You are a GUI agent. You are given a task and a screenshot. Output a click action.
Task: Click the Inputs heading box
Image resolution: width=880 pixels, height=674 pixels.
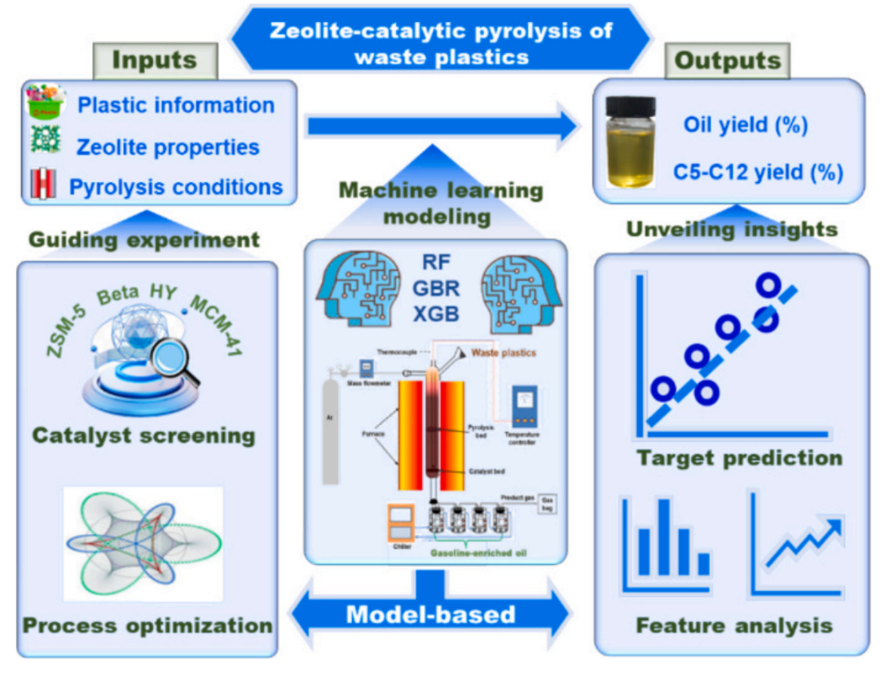(x=154, y=59)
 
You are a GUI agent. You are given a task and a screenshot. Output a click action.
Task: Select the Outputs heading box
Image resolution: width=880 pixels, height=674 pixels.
(x=724, y=59)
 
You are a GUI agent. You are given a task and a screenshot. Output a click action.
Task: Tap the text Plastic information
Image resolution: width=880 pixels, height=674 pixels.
(x=175, y=106)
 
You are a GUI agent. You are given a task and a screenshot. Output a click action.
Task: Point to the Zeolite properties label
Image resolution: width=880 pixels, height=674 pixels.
(x=168, y=147)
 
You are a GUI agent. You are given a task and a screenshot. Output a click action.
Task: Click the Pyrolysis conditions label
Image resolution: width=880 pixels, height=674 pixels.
(x=176, y=187)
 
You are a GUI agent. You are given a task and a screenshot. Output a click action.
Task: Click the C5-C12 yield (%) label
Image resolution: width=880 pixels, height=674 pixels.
(x=758, y=173)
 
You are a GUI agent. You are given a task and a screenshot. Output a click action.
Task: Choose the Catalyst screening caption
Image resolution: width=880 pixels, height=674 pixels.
(x=143, y=435)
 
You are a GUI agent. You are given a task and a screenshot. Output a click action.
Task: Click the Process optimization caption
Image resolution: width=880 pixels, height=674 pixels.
(x=147, y=626)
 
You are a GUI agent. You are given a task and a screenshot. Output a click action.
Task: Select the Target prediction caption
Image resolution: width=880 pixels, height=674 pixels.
(x=739, y=457)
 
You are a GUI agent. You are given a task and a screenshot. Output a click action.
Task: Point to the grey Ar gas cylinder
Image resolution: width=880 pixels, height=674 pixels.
(x=331, y=431)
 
